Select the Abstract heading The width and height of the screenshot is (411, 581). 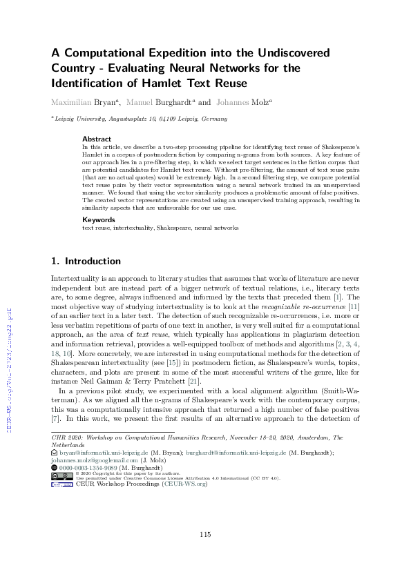pyautogui.click(x=96, y=139)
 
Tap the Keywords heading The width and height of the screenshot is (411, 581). pyautogui.click(x=99, y=219)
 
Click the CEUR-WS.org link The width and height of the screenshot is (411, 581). pyautogui.click(x=186, y=484)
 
